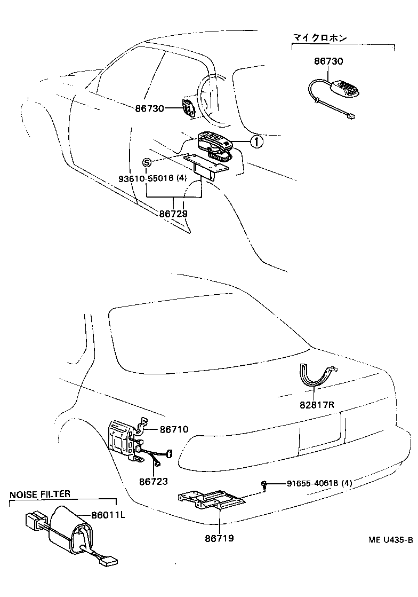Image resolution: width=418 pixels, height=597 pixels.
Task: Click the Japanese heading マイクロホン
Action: [319, 38]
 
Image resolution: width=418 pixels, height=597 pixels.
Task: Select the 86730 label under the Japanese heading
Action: [328, 61]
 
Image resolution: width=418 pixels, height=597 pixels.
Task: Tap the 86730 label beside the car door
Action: [149, 108]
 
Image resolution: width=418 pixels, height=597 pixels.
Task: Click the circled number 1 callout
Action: [256, 142]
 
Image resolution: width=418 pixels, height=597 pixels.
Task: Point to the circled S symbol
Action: [147, 162]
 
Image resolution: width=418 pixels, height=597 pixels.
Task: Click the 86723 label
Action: [153, 482]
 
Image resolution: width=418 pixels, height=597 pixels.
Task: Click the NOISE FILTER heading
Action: [39, 494]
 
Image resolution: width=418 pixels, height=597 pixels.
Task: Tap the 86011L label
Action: [108, 515]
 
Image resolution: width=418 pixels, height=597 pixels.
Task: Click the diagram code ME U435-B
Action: [390, 540]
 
